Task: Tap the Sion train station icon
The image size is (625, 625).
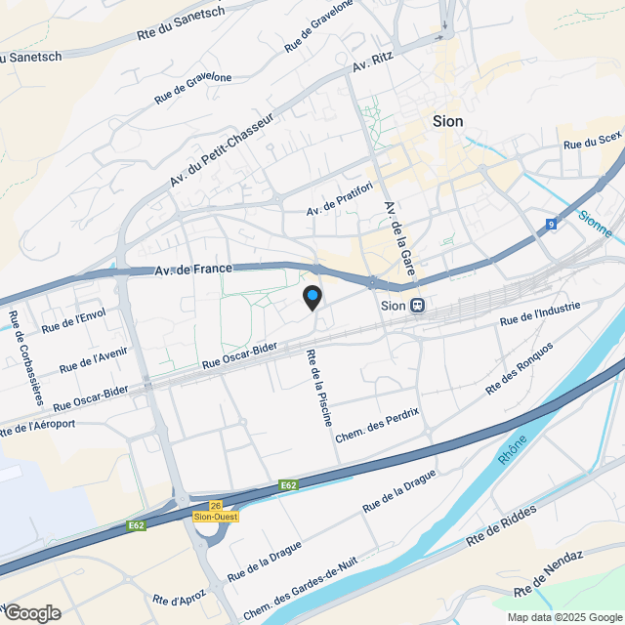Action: (x=418, y=305)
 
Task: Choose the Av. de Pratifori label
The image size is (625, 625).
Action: (x=341, y=198)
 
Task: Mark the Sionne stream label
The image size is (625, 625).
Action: (x=596, y=225)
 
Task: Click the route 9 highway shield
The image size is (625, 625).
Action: (x=552, y=225)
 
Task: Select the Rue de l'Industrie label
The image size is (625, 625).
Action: (x=540, y=312)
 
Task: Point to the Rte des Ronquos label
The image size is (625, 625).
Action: (x=520, y=368)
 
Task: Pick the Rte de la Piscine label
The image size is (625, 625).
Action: (x=319, y=388)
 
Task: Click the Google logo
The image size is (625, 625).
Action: (x=31, y=612)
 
